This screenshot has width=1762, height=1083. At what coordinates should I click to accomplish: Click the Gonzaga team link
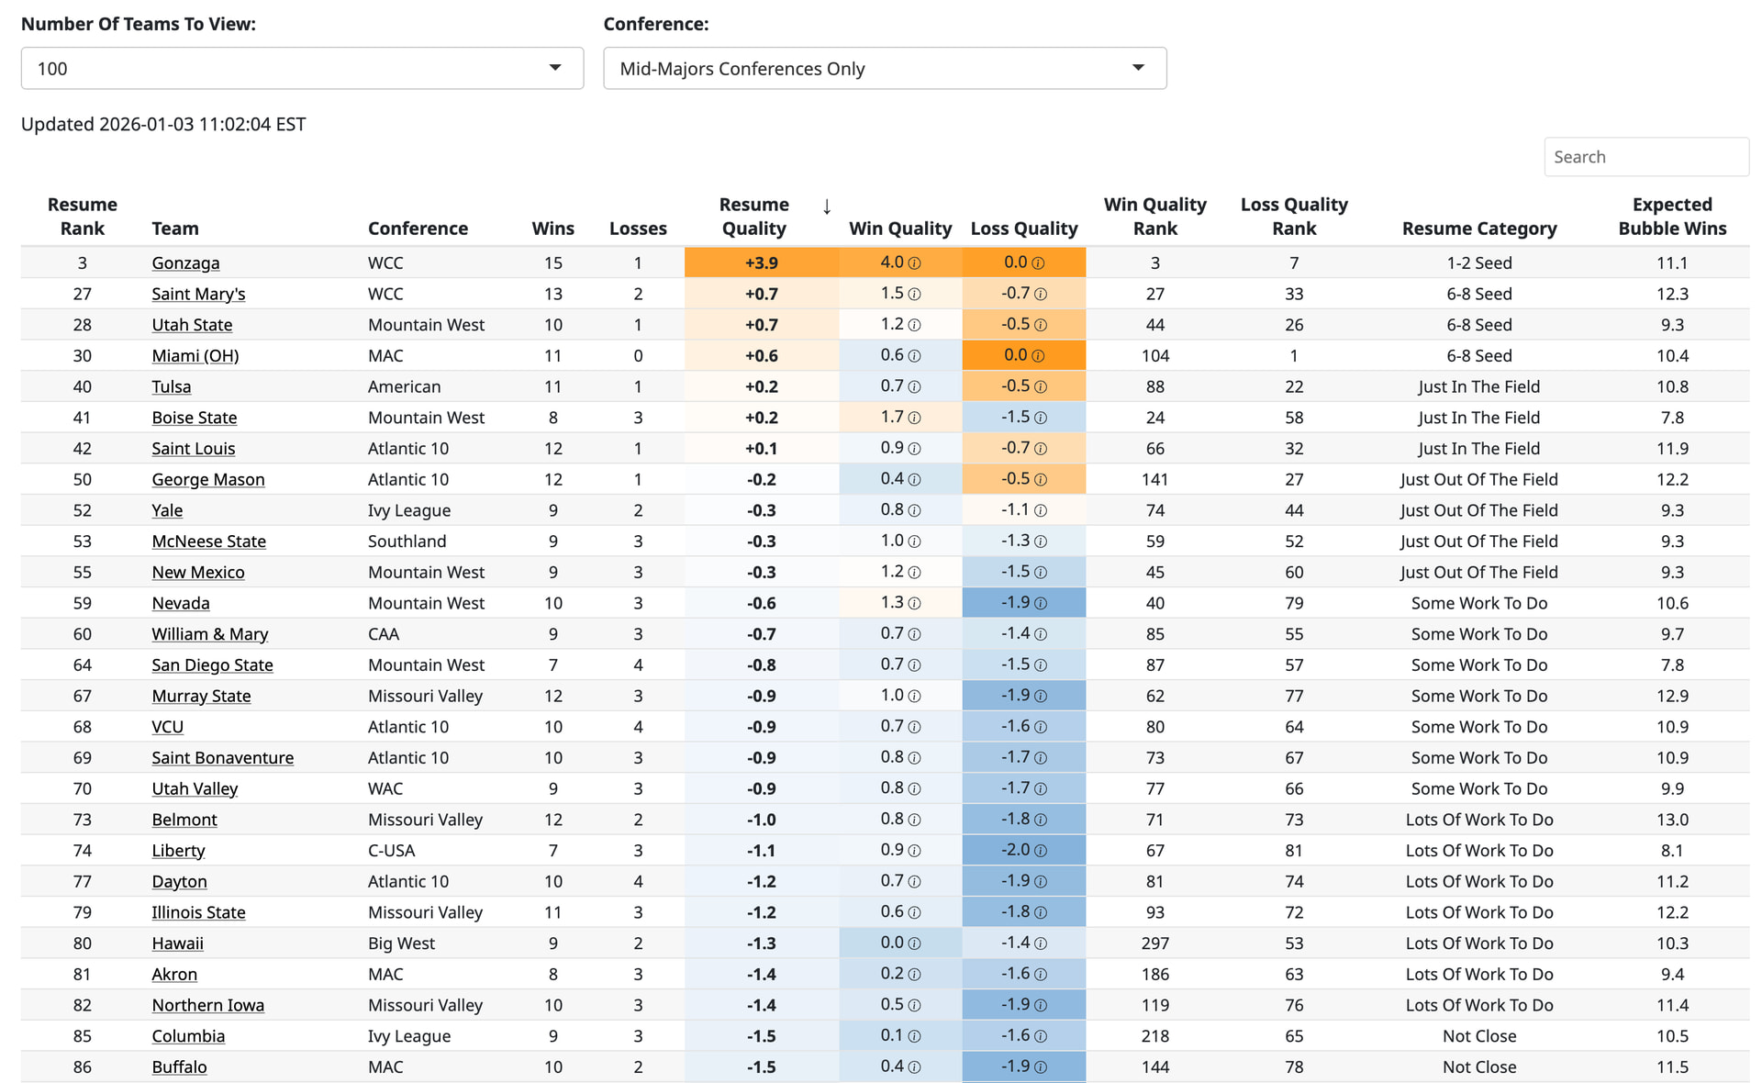[x=185, y=263]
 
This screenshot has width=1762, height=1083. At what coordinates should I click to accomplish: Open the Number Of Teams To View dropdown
[x=302, y=69]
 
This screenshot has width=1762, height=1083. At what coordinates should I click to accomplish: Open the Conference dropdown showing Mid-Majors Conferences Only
[x=884, y=69]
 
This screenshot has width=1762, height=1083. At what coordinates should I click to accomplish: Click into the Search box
[x=1645, y=157]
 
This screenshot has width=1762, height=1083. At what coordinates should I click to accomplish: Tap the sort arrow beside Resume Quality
[x=827, y=207]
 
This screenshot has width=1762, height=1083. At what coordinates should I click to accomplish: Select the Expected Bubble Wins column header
[x=1671, y=217]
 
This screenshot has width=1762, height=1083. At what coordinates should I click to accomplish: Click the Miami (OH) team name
[x=195, y=356]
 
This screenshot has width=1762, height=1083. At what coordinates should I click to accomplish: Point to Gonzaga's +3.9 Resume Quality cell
[x=761, y=263]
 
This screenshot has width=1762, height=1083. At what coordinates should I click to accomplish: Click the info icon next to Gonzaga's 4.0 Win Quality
[x=915, y=263]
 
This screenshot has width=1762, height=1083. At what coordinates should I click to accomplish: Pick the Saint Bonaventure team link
[x=222, y=758]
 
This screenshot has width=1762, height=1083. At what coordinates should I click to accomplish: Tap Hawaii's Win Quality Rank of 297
[x=1154, y=943]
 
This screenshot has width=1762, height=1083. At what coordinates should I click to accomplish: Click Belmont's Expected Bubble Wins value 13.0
[x=1671, y=820]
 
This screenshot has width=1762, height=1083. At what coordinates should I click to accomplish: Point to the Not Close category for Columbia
[x=1478, y=1036]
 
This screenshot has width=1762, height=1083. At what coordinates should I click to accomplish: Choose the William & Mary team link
[x=209, y=634]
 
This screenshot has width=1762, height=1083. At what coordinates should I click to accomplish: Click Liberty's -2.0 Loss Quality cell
[x=1023, y=851]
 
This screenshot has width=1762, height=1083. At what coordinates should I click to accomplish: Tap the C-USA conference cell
[x=391, y=851]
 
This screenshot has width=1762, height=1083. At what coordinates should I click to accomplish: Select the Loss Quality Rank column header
[x=1293, y=217]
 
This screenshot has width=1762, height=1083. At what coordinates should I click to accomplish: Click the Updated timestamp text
[x=163, y=125]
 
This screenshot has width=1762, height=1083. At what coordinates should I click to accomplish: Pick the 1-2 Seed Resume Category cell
[x=1478, y=263]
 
